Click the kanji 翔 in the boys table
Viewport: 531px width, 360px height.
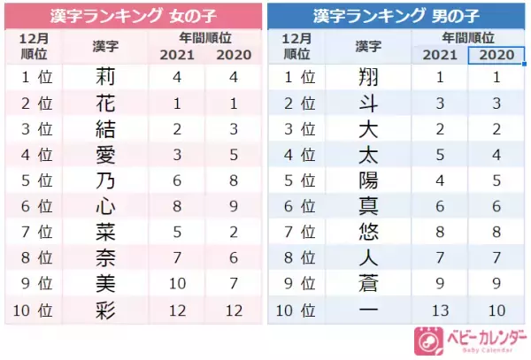368,78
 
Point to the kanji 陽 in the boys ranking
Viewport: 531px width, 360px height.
368,180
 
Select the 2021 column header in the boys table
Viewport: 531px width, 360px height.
441,55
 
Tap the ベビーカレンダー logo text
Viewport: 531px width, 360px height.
483,337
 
